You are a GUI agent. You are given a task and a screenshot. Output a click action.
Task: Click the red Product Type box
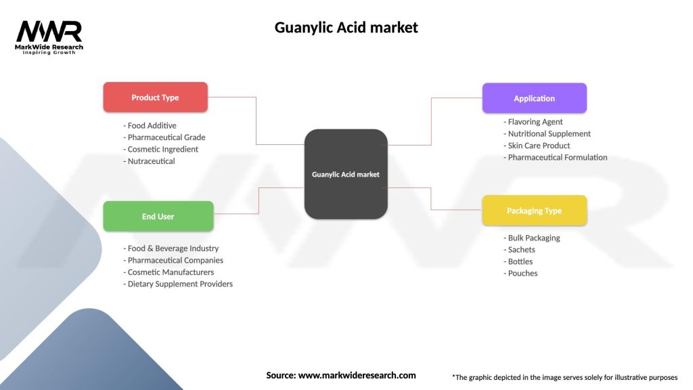point(155,97)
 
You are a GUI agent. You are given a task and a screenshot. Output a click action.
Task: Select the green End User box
point(158,217)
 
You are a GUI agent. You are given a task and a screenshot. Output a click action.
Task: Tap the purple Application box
point(534,98)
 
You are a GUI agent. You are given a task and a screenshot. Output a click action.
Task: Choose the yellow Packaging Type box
point(534,211)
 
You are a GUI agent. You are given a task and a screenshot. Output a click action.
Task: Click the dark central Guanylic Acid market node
point(345,174)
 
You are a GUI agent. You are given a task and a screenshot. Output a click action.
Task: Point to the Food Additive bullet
point(150,125)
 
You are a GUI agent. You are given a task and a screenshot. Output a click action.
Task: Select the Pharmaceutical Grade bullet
point(164,137)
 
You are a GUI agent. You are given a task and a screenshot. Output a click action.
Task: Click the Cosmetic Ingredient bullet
point(161,149)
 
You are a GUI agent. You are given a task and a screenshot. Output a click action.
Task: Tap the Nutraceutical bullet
point(149,161)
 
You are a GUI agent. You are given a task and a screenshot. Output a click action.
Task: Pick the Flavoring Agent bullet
point(533,122)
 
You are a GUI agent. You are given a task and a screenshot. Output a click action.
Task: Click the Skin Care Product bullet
point(537,146)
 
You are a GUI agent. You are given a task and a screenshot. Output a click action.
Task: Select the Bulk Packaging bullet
point(532,238)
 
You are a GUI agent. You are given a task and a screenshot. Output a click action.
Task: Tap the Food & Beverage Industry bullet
point(171,248)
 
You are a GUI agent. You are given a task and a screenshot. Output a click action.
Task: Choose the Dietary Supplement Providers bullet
point(178,284)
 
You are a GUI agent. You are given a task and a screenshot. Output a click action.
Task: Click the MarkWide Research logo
point(49,37)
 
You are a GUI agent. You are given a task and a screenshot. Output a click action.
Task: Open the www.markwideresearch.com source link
point(357,375)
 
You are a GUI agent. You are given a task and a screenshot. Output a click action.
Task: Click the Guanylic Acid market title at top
point(346,28)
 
